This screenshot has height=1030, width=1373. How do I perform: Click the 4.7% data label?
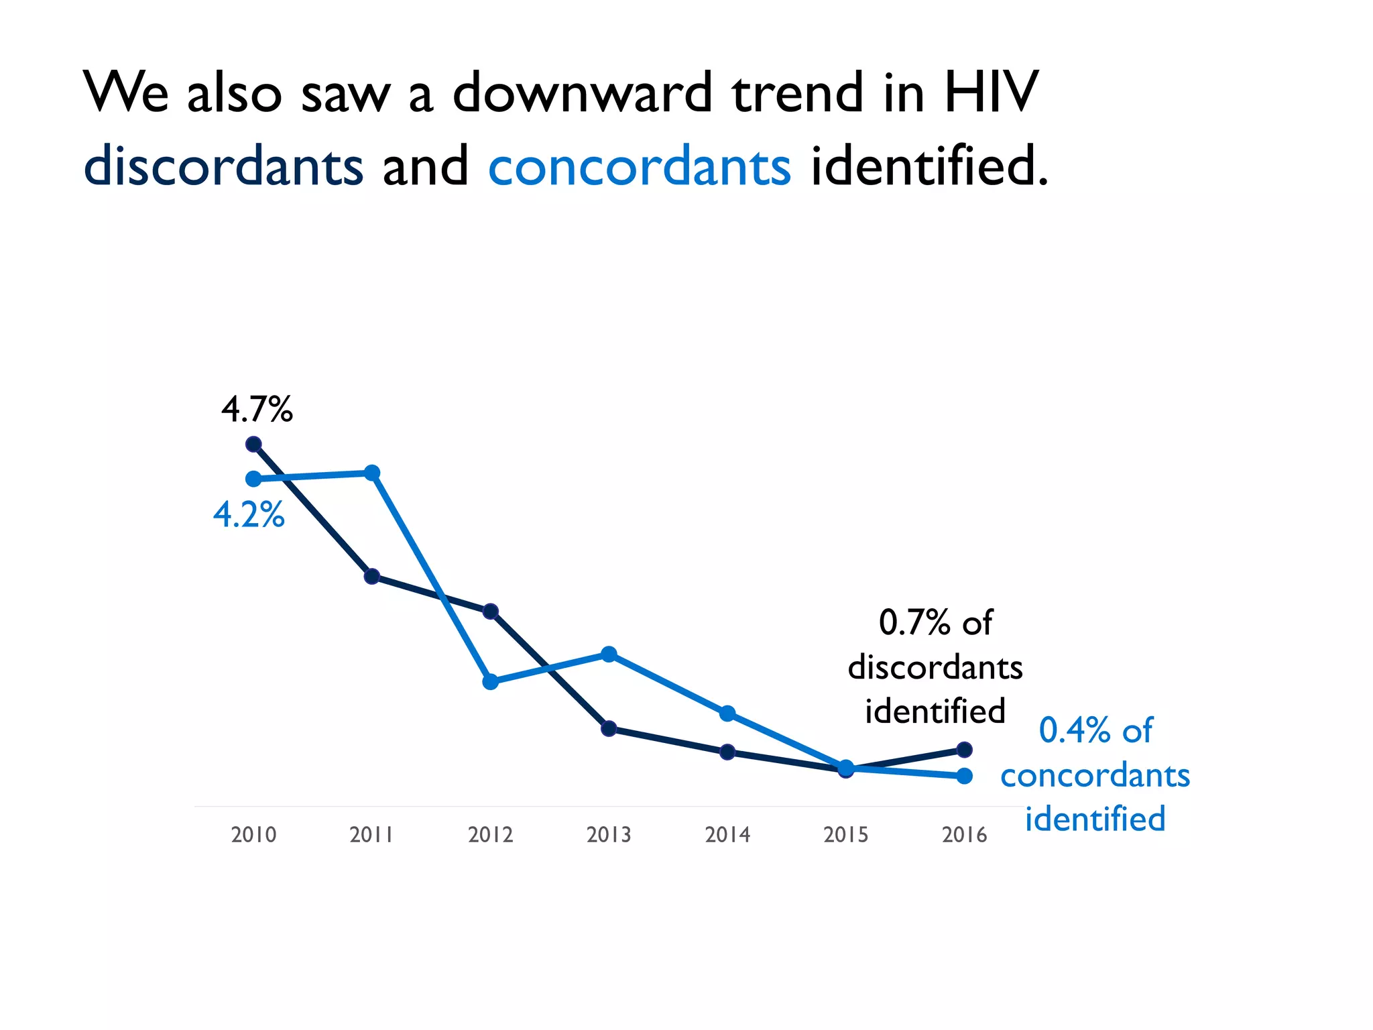257,409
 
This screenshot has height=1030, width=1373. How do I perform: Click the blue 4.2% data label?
249,515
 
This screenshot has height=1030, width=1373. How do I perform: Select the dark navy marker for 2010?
253,444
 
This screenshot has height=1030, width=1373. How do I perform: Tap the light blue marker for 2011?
372,473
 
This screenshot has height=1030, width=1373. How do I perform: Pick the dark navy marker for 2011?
372,576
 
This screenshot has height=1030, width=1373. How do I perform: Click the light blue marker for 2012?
491,682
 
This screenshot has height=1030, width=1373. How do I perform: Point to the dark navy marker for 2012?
491,611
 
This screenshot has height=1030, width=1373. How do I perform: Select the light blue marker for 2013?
609,654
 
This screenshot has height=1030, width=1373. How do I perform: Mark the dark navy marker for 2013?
609,728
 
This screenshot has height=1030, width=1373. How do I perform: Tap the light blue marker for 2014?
727,713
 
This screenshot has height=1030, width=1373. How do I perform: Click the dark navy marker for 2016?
964,749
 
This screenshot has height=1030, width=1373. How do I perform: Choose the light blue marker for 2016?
964,776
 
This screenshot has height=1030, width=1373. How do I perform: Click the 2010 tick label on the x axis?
253,835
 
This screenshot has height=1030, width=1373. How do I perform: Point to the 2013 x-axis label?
609,835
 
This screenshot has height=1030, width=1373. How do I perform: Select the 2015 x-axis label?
845,835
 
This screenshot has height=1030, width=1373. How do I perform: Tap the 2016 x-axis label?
964,835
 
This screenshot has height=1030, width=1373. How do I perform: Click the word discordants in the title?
223,166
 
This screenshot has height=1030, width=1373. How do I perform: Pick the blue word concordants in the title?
640,166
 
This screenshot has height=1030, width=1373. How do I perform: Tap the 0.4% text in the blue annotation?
1074,730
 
